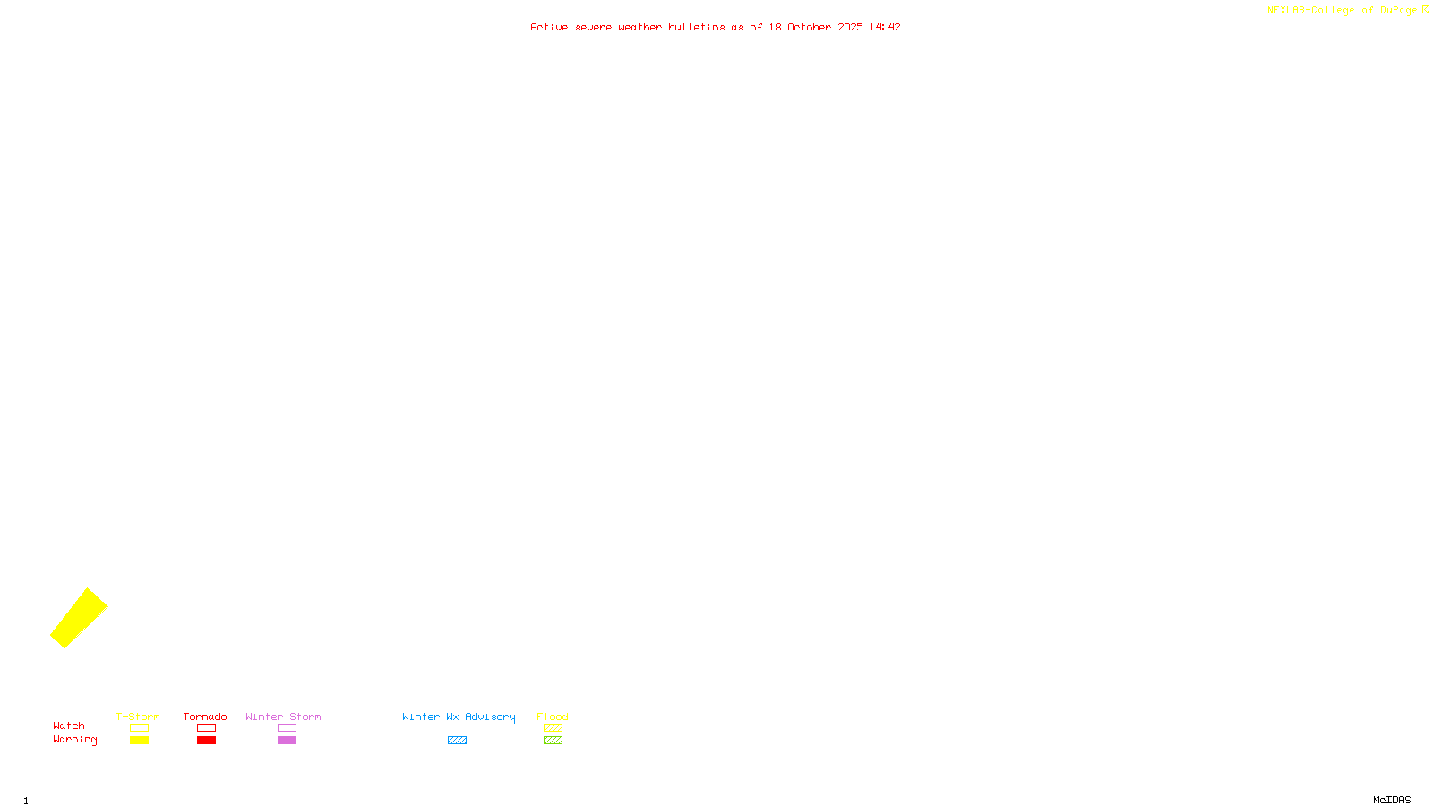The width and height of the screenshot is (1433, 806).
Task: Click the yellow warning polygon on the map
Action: click(79, 618)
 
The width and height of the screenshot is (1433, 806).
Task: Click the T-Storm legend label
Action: click(138, 716)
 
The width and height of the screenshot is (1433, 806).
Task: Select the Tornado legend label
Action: click(205, 716)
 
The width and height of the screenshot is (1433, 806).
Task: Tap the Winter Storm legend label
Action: click(283, 716)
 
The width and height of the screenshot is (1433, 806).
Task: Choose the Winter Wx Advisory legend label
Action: click(459, 716)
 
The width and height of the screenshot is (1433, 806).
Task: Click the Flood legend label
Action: click(553, 716)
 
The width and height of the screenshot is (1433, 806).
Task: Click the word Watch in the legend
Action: click(69, 726)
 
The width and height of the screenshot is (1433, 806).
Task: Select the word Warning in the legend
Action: click(75, 740)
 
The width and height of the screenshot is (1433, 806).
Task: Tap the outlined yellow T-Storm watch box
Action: click(139, 728)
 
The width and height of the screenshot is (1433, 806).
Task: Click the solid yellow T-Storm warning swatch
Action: click(139, 741)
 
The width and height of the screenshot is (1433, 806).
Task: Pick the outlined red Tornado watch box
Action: click(206, 728)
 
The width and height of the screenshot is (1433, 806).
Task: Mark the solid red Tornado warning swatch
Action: click(206, 741)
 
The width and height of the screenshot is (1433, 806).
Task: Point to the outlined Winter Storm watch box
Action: click(287, 728)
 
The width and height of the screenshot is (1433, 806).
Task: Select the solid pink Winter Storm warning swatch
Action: click(287, 741)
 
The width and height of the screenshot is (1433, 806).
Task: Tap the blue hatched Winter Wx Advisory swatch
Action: click(457, 741)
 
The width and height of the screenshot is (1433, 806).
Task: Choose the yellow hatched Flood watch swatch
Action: click(553, 728)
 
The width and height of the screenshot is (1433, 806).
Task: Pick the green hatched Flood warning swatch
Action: click(553, 741)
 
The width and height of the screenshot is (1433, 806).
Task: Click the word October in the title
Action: click(809, 27)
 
